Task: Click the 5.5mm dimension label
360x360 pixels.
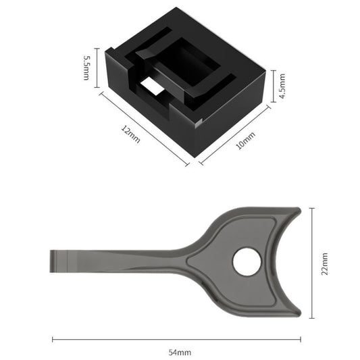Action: click(x=86, y=68)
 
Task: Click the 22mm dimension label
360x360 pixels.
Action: click(x=324, y=263)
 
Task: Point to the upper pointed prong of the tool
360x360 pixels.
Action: click(x=297, y=211)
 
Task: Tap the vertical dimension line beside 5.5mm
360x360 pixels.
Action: click(x=99, y=68)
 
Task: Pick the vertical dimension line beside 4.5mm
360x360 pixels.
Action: click(x=272, y=86)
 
